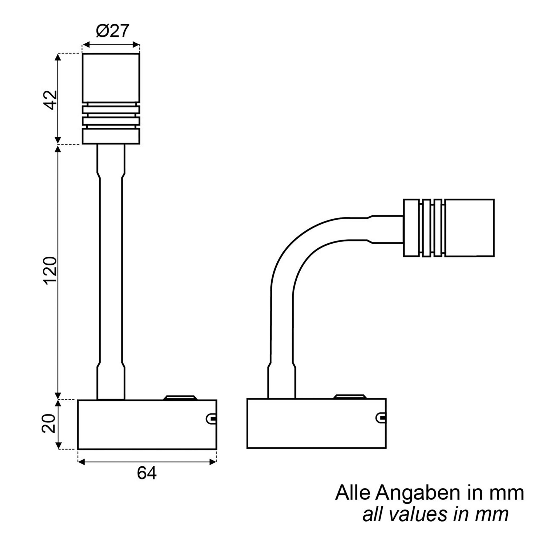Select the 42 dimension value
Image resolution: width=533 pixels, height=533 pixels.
pyautogui.click(x=51, y=100)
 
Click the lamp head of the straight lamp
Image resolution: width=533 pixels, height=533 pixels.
pyautogui.click(x=111, y=78)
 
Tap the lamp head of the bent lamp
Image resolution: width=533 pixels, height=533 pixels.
pyautogui.click(x=469, y=228)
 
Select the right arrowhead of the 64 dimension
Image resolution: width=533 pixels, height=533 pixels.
pyautogui.click(x=213, y=462)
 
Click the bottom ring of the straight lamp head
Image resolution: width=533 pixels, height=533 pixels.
pyautogui.click(x=111, y=136)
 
